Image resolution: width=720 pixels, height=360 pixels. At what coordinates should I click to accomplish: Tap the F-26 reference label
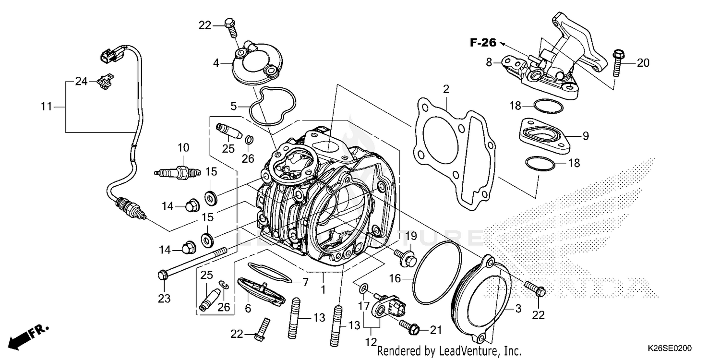click(482, 43)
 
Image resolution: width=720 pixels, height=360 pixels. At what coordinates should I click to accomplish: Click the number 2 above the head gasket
click(446, 89)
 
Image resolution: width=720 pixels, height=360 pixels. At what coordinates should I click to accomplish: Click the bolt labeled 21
click(409, 328)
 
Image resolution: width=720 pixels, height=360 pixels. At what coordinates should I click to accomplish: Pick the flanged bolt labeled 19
click(406, 257)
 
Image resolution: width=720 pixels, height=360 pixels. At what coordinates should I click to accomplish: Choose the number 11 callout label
click(46, 107)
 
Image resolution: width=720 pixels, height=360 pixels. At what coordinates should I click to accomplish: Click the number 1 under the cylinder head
click(323, 290)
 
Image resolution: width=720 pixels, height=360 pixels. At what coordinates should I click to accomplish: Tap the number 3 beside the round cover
click(518, 309)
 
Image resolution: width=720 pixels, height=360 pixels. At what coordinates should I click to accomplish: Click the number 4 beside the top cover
click(216, 63)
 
